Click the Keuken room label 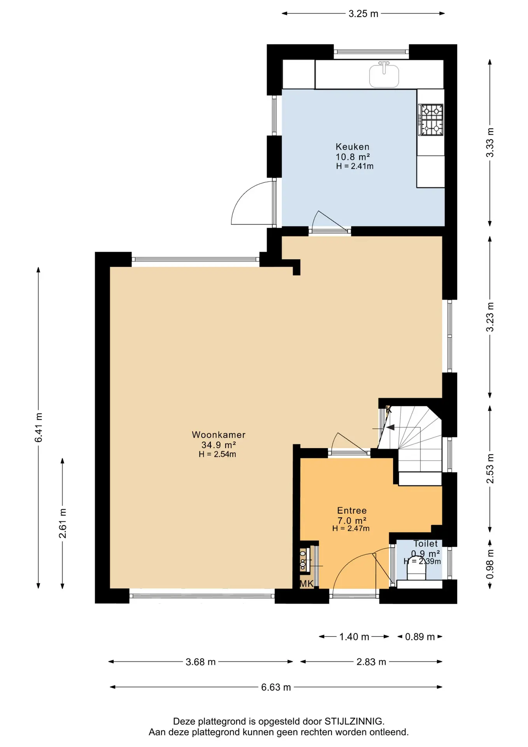pyautogui.click(x=352, y=147)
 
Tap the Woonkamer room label pyautogui.click(x=219, y=435)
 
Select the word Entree pyautogui.click(x=352, y=510)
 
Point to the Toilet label pyautogui.click(x=425, y=544)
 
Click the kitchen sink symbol pyautogui.click(x=384, y=75)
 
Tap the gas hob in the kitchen pyautogui.click(x=431, y=119)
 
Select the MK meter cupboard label pyautogui.click(x=306, y=584)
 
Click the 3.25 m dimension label pyautogui.click(x=363, y=14)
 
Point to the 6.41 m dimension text pyautogui.click(x=38, y=428)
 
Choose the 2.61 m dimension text pyautogui.click(x=63, y=523)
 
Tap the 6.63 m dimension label pyautogui.click(x=276, y=687)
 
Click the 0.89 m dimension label pyautogui.click(x=420, y=637)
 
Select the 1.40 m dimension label pyautogui.click(x=354, y=637)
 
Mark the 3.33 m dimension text pyautogui.click(x=490, y=142)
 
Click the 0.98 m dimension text pyautogui.click(x=490, y=564)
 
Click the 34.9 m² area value pyautogui.click(x=219, y=445)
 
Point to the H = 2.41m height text pyautogui.click(x=355, y=166)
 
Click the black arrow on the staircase pyautogui.click(x=390, y=428)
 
